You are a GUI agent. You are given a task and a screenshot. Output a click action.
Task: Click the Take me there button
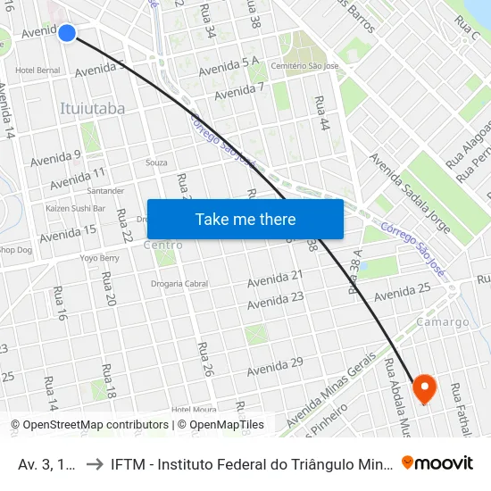(x=245, y=219)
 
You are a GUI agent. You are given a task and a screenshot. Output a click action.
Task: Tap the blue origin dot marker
(x=67, y=33)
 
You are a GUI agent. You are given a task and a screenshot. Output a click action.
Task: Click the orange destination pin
(x=423, y=387)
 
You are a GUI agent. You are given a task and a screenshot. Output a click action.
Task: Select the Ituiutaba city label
(x=92, y=109)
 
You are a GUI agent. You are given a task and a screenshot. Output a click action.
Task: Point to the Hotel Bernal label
(x=37, y=70)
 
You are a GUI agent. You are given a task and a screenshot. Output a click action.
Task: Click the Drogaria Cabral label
(x=179, y=285)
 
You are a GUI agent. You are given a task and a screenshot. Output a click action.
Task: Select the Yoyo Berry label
(x=99, y=258)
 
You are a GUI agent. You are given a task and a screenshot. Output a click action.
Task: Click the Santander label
(x=104, y=191)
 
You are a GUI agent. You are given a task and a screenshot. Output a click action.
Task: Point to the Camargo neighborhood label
(x=443, y=322)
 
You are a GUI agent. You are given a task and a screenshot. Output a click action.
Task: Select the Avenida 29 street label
(x=275, y=366)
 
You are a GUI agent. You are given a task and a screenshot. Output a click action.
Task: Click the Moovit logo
(x=437, y=462)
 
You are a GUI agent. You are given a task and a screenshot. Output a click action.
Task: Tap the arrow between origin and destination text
(x=93, y=463)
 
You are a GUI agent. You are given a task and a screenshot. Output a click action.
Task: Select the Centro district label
(x=162, y=245)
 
